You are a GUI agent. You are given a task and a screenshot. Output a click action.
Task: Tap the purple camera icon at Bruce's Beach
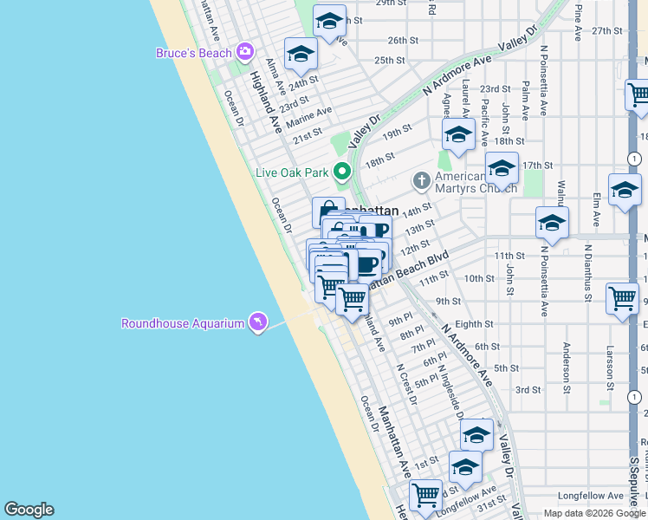click(245, 52)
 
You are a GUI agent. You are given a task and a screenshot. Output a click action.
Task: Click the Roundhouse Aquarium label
click(183, 324)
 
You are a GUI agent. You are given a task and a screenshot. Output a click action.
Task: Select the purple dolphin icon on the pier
click(256, 323)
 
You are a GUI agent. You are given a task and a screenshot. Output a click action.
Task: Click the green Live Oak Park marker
click(342, 172)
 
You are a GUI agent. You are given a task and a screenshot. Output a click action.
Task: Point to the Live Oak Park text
click(292, 172)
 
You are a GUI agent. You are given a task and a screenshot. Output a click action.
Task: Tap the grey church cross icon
click(421, 180)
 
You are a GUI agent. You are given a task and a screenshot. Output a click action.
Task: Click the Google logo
click(29, 510)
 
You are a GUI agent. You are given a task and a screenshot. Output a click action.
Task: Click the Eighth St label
click(473, 324)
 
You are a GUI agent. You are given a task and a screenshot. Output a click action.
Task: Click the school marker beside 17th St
click(501, 168)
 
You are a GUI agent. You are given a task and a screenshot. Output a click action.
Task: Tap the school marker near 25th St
click(301, 54)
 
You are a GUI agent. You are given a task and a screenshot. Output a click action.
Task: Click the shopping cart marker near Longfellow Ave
click(425, 496)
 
